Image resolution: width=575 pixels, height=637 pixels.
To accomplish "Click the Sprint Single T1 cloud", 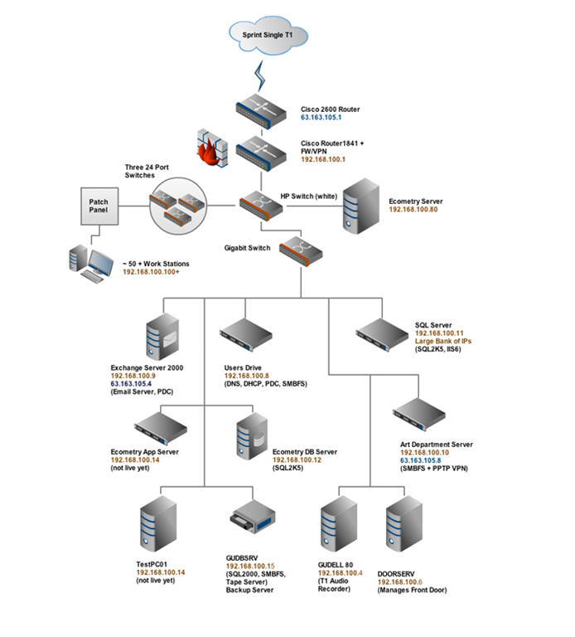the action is pos(268,36).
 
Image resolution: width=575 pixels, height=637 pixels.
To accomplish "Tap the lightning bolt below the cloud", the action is pos(259,76).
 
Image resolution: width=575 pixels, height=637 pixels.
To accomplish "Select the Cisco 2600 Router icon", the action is pos(261,111).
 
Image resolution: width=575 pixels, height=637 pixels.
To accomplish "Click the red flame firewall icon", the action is pos(212,148).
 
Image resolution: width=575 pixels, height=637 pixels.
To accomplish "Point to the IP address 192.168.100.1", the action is pos(323,159).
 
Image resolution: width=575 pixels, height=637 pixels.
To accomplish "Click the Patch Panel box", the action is pos(99,206).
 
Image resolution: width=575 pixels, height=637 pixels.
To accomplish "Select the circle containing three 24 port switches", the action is pos(178,206).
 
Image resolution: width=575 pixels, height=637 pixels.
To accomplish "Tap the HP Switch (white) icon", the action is pos(261,206).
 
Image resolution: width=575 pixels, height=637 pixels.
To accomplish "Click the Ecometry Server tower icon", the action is pos(361,206).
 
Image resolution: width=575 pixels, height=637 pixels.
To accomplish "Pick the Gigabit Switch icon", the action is pos(301,251).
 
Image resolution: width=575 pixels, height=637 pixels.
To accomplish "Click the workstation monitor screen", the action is pos(101,262).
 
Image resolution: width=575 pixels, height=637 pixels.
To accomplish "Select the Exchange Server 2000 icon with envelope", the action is pos(162,337).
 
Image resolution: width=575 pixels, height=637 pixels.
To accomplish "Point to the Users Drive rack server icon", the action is pos(246,335).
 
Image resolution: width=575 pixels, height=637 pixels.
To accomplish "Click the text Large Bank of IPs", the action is pos(443,341).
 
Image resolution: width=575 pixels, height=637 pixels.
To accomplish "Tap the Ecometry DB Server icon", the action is pos(252,436).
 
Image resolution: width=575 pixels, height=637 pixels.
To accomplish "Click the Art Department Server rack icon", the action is pos(419,415).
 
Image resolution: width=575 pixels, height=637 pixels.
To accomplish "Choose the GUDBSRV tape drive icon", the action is pos(253,517).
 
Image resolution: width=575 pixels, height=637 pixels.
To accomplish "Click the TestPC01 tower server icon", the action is pos(158,523).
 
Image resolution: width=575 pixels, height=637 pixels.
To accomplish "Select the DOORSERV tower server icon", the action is pos(404,523).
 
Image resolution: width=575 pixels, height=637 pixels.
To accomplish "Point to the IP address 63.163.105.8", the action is pos(420,460).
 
